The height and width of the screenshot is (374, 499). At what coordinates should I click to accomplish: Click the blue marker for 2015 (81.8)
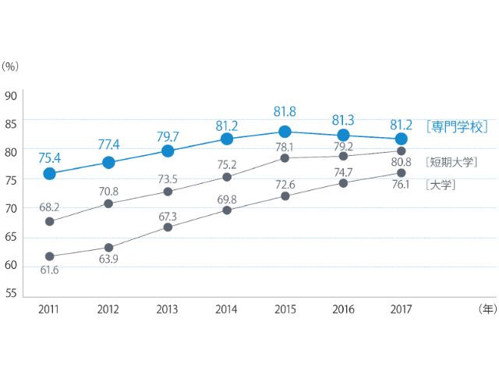(285, 132)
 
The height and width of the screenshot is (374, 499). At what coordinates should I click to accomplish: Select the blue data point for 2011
(49, 174)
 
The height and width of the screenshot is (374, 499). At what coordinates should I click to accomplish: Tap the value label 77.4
(108, 144)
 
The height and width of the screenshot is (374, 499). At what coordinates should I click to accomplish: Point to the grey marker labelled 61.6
(49, 256)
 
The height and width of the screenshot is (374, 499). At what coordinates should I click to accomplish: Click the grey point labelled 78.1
(285, 158)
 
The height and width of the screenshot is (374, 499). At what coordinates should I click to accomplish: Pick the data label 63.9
(108, 259)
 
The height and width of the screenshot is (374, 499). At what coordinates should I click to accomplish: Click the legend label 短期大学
(452, 163)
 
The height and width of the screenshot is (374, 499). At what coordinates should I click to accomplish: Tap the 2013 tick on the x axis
(168, 309)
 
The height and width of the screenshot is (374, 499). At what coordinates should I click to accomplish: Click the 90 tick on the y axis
(11, 97)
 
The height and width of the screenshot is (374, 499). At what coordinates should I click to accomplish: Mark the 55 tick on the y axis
(11, 293)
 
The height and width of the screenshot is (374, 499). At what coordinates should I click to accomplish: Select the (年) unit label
(486, 309)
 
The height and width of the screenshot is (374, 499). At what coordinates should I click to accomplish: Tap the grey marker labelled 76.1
(401, 173)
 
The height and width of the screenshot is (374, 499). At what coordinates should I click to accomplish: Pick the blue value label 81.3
(343, 120)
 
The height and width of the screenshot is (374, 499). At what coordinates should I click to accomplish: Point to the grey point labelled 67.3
(168, 227)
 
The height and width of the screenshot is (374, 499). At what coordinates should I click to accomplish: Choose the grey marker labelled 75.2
(226, 177)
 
